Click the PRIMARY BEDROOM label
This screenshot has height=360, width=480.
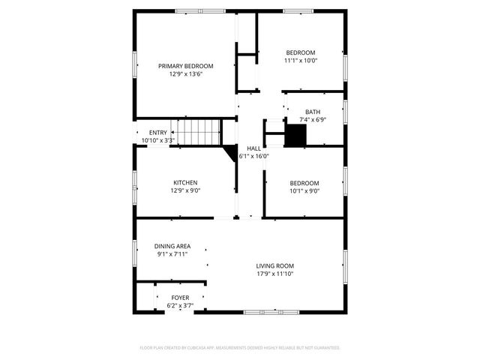pos(185,66)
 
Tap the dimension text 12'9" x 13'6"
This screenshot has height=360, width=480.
pos(185,74)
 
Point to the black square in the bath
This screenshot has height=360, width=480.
pos(296,136)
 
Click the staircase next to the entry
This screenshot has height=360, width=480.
pos(203,133)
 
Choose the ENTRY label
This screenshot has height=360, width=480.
pos(158,133)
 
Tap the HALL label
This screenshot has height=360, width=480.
pos(253,148)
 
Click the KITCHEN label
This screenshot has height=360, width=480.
pos(185,182)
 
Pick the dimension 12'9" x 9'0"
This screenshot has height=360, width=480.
pos(185,190)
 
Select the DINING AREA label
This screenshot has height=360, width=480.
pos(172,246)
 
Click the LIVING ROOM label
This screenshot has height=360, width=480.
pos(274,265)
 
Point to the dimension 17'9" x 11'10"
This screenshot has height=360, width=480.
pos(274,274)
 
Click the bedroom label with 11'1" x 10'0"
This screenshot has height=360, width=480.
pos(301,52)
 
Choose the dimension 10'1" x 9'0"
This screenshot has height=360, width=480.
pos(304,190)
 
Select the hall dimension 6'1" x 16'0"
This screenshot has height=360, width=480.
pos(253,156)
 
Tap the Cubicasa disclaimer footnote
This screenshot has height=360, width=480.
pos(240,348)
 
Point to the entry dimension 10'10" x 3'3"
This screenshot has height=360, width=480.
pos(158,140)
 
